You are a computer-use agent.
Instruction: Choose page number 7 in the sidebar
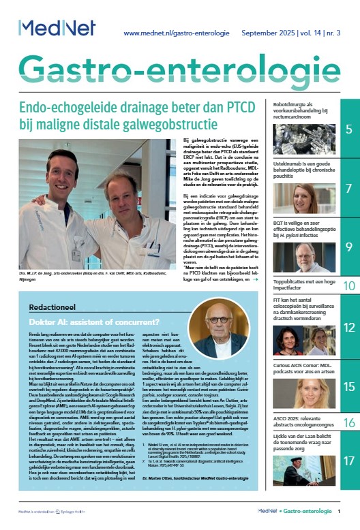tap(348, 187)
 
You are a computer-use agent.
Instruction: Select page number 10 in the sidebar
tap(348, 285)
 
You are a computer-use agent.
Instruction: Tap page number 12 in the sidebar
tap(348, 327)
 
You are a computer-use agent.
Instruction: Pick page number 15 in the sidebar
tap(348, 386)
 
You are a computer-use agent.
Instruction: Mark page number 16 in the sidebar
tap(348, 422)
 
